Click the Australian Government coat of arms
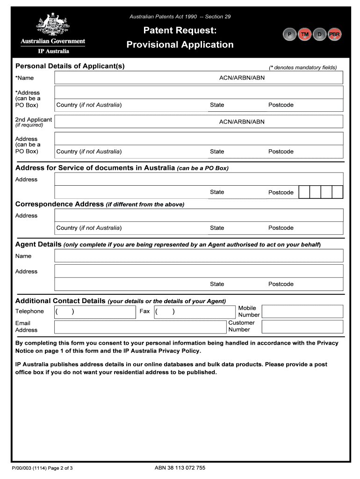click(51, 24)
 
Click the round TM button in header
click(305, 35)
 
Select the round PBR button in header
click(334, 35)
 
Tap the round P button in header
click(290, 35)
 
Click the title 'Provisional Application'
click(180, 45)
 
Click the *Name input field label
click(24, 78)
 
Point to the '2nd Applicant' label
click(33, 120)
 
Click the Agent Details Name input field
click(199, 256)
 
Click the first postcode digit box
click(303, 192)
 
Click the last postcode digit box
click(338, 192)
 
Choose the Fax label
click(144, 311)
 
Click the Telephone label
click(29, 312)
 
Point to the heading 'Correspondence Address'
click(59, 204)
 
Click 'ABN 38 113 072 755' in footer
click(180, 468)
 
